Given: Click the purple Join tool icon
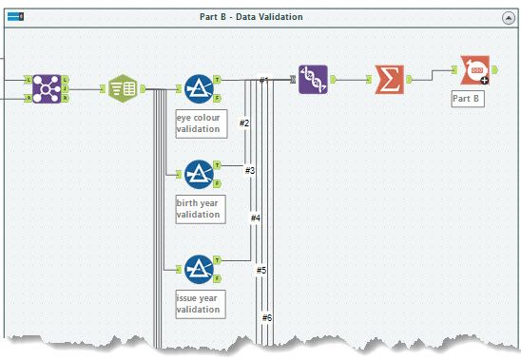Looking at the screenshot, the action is coord(47,89).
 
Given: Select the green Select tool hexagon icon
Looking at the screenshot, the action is coord(123,88).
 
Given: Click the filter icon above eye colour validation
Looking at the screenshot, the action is coord(199,88).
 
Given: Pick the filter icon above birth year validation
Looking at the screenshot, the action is coord(199,175).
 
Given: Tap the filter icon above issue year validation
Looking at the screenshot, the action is coord(199,270).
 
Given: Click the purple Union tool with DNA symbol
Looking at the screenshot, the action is coord(313,80).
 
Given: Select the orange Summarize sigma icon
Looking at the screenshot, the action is coord(390,80).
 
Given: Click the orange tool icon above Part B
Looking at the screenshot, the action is coord(474,70).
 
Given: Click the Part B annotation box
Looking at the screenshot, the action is coord(468,99).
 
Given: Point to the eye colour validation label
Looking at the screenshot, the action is coord(202,123).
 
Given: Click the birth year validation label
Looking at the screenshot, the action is coord(201,209).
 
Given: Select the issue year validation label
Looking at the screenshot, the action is coord(201,304).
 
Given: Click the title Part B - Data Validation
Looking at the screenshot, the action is coord(251,17).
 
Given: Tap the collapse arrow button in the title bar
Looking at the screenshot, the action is coord(509,18).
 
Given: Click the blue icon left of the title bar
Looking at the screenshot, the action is coord(15,16).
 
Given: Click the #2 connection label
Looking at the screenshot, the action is coord(244,123).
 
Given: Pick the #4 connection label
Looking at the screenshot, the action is coord(256,218).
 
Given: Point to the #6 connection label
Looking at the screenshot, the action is coord(267,318).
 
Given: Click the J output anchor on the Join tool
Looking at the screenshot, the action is coord(65,89).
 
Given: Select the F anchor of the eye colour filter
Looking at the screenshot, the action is coord(217,98).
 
